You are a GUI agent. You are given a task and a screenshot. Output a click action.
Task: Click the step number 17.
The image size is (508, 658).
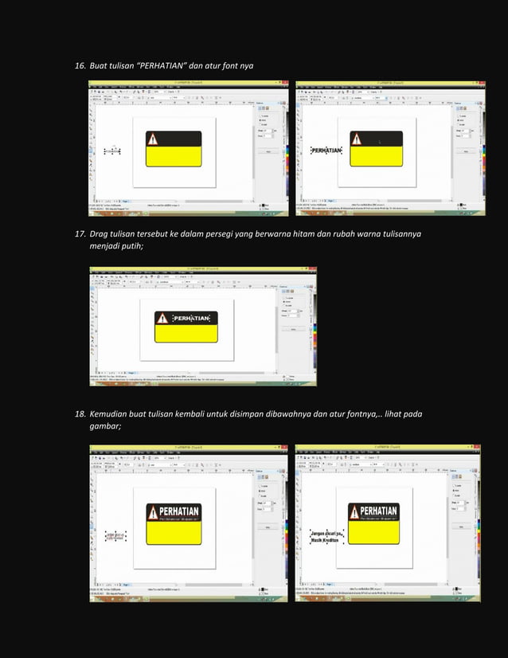(79, 235)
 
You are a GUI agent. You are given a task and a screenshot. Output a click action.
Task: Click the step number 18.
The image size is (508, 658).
(79, 415)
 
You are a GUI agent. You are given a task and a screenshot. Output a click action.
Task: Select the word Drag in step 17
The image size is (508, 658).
(99, 235)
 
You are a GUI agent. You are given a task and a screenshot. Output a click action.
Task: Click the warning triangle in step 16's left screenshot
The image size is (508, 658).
(153, 140)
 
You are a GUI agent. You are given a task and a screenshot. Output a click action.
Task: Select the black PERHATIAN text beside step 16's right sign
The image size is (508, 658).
(326, 150)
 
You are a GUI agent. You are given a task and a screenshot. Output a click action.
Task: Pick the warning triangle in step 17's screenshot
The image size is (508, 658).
(162, 319)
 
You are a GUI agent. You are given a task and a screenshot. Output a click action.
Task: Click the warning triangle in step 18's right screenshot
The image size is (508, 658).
(354, 511)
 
